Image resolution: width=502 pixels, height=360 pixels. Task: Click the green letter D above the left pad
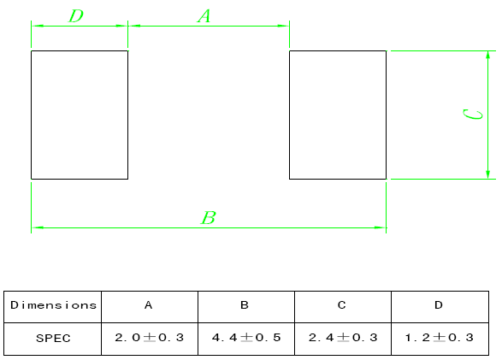[x=76, y=15]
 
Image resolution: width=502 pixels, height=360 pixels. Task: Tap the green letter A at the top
[x=204, y=15]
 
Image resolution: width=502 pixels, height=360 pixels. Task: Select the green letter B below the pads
[x=209, y=217]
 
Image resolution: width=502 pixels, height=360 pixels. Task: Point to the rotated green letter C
[x=473, y=115]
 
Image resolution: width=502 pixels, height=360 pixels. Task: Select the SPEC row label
[x=53, y=339]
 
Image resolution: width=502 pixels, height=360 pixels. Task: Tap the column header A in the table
[x=148, y=305]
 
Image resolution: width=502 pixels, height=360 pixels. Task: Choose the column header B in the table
[x=245, y=305]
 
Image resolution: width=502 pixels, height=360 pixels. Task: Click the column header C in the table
[x=341, y=305]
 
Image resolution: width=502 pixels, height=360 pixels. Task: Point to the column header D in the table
[x=439, y=305]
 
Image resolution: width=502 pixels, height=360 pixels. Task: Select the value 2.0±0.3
[x=149, y=337]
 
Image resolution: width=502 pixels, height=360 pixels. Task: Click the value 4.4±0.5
[x=246, y=337]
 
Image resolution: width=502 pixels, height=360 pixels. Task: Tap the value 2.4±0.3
[x=343, y=337]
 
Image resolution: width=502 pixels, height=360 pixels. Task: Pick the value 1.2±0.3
[x=440, y=337]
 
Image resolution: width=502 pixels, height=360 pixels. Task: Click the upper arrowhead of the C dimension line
[x=488, y=55]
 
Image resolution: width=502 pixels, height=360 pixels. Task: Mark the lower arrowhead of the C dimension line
[x=488, y=174]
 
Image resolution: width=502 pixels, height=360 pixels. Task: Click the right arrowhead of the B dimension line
[x=381, y=227]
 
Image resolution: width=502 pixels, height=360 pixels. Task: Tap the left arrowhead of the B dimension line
[x=38, y=227]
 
